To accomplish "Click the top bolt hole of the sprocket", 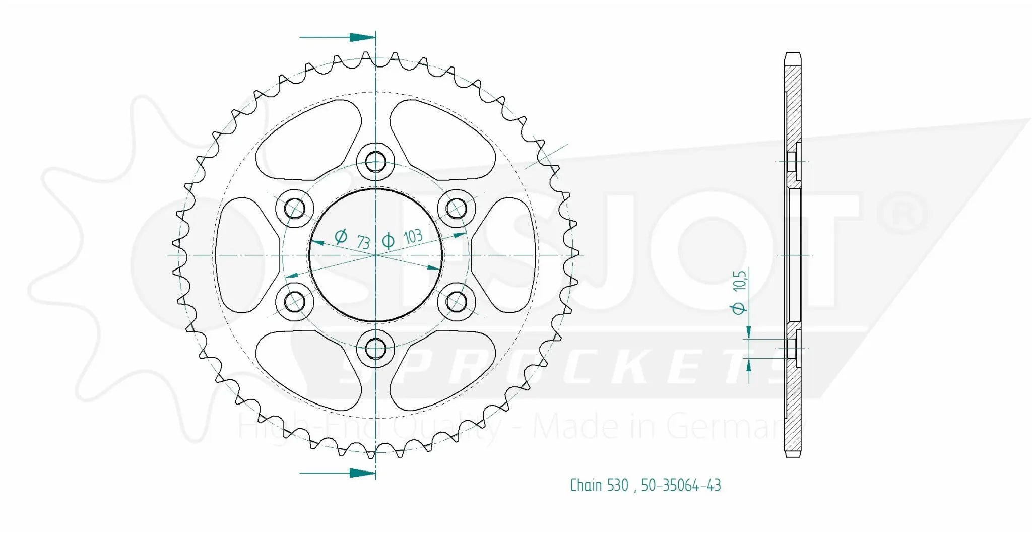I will tap(375, 162).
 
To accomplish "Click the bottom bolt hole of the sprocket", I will tap(375, 348).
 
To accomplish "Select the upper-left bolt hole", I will tap(295, 208).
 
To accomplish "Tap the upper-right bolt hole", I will tap(457, 208).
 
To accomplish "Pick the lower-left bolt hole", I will tap(295, 302).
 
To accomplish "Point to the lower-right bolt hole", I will tap(457, 302).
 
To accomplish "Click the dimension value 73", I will tap(363, 242).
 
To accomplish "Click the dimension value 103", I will tap(413, 237).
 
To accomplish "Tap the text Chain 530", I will tap(599, 485).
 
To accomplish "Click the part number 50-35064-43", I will tap(681, 485).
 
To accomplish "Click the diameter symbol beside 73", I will tap(341, 236).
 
